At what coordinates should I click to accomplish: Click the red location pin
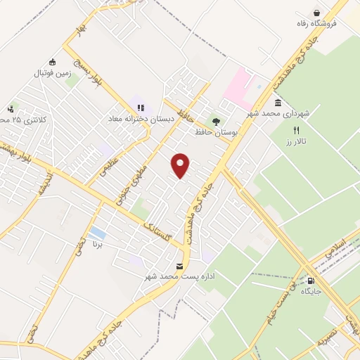(181, 165)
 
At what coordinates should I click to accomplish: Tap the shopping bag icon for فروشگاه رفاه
(317, 13)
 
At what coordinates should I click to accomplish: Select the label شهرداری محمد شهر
(287, 113)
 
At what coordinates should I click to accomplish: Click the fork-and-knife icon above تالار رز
(296, 130)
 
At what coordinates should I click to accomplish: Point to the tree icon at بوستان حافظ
(215, 121)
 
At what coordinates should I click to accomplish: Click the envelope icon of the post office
(180, 266)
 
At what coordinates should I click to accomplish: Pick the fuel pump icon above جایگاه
(311, 280)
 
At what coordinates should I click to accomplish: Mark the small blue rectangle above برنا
(98, 233)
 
